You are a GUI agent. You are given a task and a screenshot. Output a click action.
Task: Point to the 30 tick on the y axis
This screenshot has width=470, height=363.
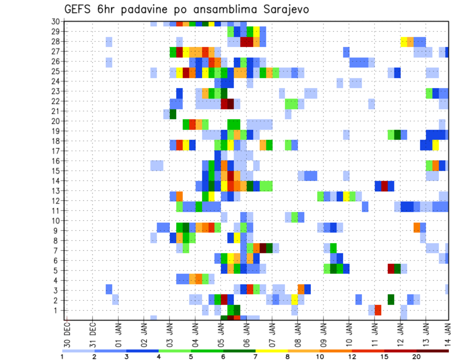55,21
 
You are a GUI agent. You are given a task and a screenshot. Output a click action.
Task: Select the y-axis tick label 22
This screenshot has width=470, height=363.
55,101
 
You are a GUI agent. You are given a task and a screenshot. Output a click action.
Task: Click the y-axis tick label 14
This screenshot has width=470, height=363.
55,181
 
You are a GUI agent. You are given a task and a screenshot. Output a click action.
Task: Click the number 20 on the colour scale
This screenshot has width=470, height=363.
417,357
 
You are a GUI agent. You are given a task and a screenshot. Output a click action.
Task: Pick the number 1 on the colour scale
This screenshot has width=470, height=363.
62,357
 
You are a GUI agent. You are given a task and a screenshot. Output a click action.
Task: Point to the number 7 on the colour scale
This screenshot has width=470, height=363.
256,357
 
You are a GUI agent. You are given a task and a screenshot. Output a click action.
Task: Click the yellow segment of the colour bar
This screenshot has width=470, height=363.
272,351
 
